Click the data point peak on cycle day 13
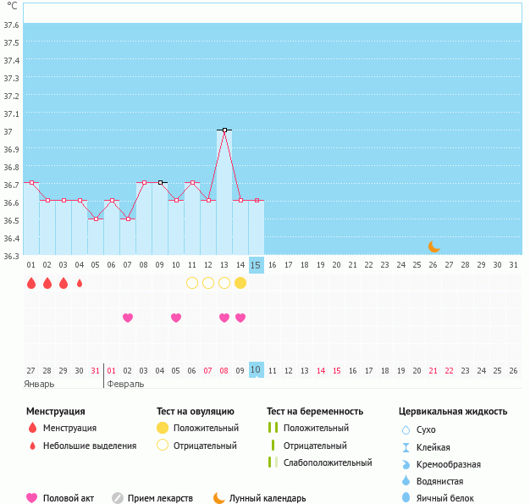(x=224, y=130)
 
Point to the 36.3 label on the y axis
(x=12, y=256)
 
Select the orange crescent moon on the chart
(x=433, y=246)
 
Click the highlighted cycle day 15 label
(x=257, y=265)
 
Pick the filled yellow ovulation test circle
(x=240, y=283)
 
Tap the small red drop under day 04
(x=80, y=283)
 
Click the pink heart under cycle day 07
(x=128, y=318)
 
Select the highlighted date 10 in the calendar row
(x=257, y=370)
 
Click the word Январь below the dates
(x=39, y=384)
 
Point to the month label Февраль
(x=125, y=384)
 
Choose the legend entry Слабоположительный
(x=328, y=462)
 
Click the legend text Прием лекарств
(x=160, y=498)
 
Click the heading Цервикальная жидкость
(x=453, y=412)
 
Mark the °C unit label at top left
(x=12, y=6)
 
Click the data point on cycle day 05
(x=96, y=219)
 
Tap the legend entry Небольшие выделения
(x=90, y=446)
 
